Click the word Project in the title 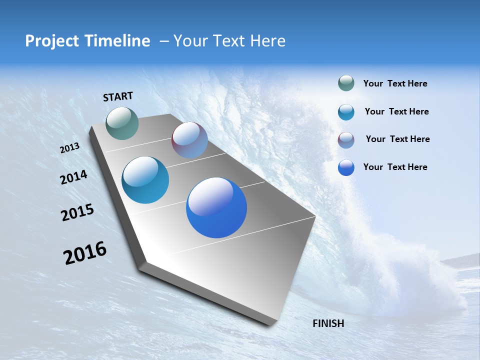[52, 41]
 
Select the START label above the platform [118, 96]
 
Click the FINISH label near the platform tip [328, 323]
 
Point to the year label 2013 [70, 148]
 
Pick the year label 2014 [74, 177]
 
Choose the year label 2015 [77, 212]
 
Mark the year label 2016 [85, 253]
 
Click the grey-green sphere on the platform [122, 123]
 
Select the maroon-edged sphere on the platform [189, 140]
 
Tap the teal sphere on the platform [145, 180]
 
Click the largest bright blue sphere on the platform [216, 207]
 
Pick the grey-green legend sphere [346, 83]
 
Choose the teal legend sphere [346, 112]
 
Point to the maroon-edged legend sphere [346, 140]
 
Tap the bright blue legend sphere [346, 167]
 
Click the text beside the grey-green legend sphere [395, 84]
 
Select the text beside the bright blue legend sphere [395, 167]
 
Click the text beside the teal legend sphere [396, 111]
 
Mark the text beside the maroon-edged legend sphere [397, 139]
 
